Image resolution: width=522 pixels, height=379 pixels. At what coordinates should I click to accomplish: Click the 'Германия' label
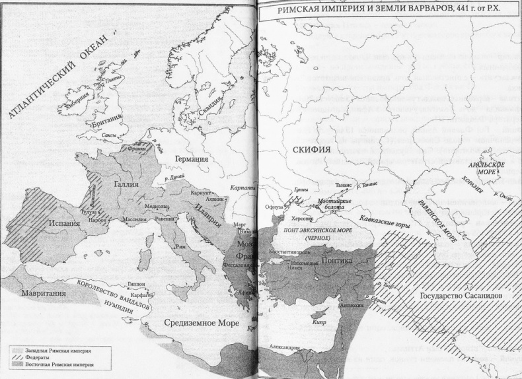click(191, 159)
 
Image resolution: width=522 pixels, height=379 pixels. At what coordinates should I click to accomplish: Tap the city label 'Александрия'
click(284, 346)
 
